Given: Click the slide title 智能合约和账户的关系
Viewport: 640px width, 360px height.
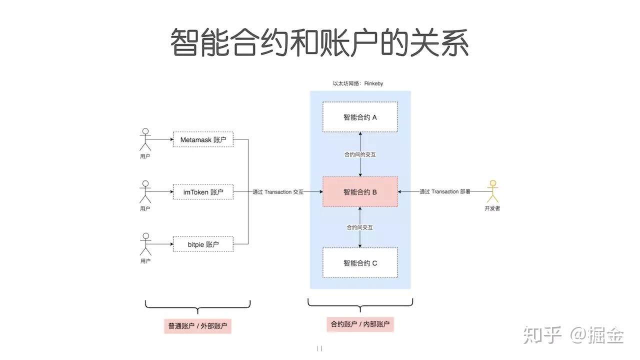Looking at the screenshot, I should coord(319,42).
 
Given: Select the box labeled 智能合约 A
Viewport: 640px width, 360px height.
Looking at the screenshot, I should coord(360,117).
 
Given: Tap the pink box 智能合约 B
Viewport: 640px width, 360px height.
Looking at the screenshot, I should coord(360,191).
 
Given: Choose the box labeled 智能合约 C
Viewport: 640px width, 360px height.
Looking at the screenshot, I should coord(360,262).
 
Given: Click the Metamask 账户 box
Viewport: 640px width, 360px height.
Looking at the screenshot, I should coord(203,140).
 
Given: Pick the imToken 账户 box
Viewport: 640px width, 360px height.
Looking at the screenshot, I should coord(203,192).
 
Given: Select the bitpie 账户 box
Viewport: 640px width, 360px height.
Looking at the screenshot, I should coord(203,244).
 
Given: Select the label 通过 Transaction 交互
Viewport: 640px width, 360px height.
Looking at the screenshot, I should coord(278,192).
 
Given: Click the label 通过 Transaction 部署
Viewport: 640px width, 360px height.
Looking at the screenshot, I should coord(444,192).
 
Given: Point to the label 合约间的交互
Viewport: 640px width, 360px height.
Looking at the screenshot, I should coord(360,154).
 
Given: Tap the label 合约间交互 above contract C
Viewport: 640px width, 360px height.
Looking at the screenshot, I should coord(360,227).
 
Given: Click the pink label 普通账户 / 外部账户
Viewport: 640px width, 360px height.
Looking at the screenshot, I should coord(197,326).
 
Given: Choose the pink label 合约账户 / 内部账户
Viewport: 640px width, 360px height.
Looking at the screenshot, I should coord(360,324).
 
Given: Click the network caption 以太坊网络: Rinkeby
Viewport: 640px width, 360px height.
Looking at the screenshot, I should coord(358,83).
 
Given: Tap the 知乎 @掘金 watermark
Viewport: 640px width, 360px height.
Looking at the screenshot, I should coord(573,335).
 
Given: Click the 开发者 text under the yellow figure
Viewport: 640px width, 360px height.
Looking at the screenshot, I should coord(492,208).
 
